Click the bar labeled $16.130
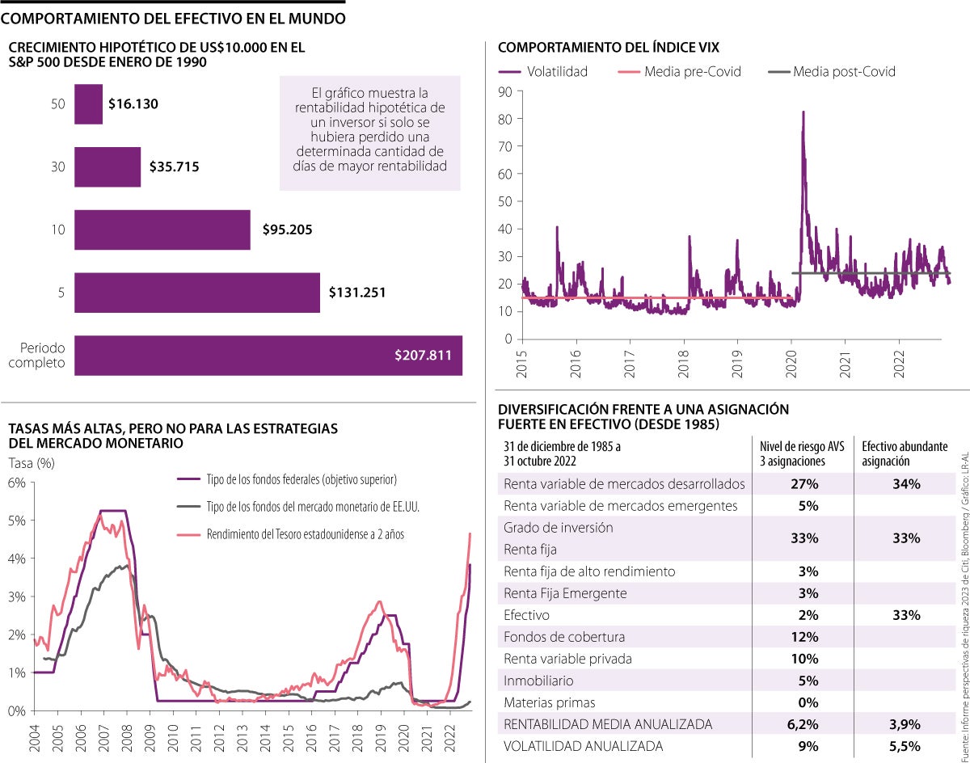coord(88,104)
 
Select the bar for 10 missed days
coord(162,230)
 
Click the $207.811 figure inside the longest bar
coord(424,356)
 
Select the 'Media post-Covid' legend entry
coord(844,71)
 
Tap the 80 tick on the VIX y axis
coord(505,119)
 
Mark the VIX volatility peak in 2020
coord(803,112)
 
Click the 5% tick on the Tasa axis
coord(17,520)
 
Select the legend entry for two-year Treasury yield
coord(306,533)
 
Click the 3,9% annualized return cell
coord(906,724)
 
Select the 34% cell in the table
coord(907,484)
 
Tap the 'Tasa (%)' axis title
coord(32,463)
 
